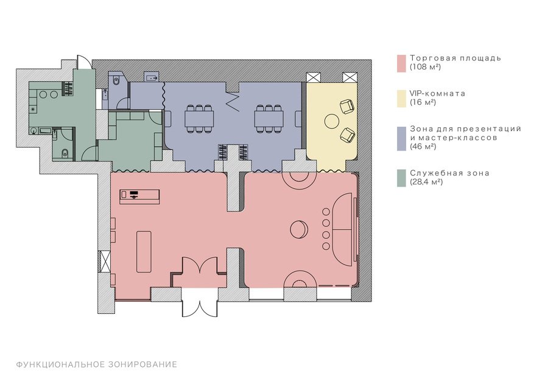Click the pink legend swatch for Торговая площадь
tap(401, 63)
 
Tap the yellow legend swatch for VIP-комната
tap(401, 98)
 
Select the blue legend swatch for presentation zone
tap(401, 138)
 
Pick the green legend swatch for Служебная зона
tap(401, 178)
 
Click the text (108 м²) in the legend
tap(426, 67)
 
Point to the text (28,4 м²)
tap(426, 182)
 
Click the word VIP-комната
tap(438, 93)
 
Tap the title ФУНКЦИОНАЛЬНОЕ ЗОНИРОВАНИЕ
tap(96, 364)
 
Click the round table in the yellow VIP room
tap(331, 121)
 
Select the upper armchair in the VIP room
tap(347, 106)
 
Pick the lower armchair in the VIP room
tap(348, 135)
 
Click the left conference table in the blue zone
tap(199, 119)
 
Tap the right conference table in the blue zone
tap(269, 119)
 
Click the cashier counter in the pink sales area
tap(140, 196)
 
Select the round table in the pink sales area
tap(299, 230)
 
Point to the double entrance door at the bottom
tap(200, 303)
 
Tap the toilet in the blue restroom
tap(116, 81)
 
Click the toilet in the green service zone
tap(65, 153)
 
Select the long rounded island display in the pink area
tap(144, 251)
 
